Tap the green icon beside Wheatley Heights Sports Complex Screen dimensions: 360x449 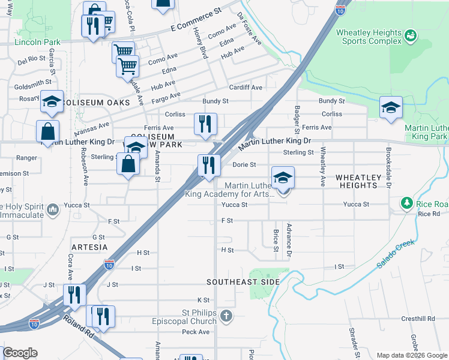point(411,36)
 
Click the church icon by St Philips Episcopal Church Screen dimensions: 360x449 point(226,316)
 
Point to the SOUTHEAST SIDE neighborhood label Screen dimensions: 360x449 point(243,281)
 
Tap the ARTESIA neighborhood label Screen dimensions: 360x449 point(89,247)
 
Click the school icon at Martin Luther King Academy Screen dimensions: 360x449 point(283,178)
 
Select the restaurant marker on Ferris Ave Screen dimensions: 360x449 point(205,124)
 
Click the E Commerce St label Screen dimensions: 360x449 point(196,20)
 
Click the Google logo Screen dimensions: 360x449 point(20,353)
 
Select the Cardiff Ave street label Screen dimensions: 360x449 point(246,88)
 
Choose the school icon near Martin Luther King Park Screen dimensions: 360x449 point(391,108)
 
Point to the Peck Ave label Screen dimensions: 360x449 point(196,331)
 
